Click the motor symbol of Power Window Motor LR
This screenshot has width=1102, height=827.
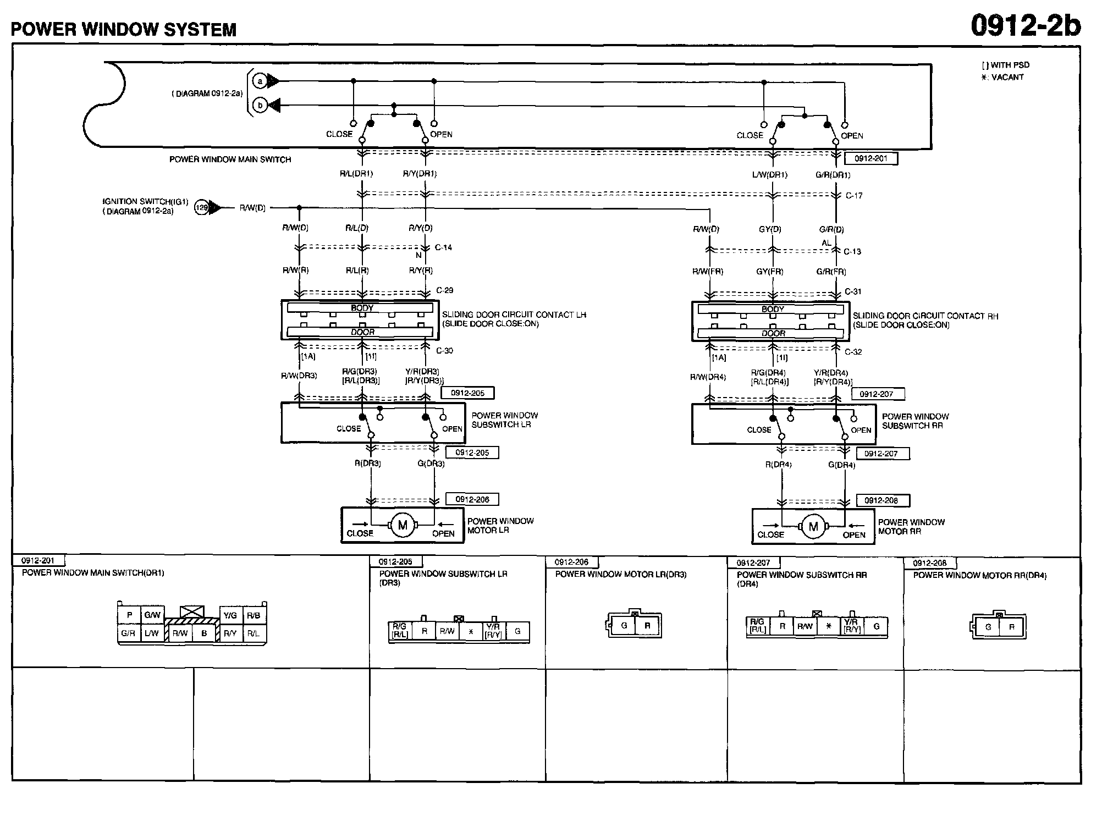pyautogui.click(x=403, y=525)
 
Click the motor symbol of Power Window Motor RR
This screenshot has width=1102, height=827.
pyautogui.click(x=813, y=527)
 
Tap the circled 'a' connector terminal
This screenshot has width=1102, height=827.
pyautogui.click(x=260, y=81)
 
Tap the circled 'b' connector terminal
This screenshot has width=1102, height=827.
pyautogui.click(x=260, y=105)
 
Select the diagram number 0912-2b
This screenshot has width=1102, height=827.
pyautogui.click(x=1025, y=25)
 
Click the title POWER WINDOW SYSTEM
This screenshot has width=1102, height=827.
pyautogui.click(x=124, y=29)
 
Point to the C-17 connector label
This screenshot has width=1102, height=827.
pyautogui.click(x=854, y=196)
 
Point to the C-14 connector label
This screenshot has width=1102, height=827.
pyautogui.click(x=443, y=247)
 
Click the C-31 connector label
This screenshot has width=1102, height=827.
pyautogui.click(x=853, y=291)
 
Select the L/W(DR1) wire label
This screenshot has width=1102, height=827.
pyautogui.click(x=770, y=175)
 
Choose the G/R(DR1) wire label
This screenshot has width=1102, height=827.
pyautogui.click(x=833, y=175)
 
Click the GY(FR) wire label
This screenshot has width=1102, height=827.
pyautogui.click(x=769, y=272)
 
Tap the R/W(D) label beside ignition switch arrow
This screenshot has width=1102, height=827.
pyautogui.click(x=252, y=208)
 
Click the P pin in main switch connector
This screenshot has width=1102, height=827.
pyautogui.click(x=129, y=615)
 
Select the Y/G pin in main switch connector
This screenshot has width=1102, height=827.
pyautogui.click(x=230, y=615)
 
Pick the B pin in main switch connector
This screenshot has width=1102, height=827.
pyautogui.click(x=204, y=633)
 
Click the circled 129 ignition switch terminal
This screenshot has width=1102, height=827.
pyautogui.click(x=202, y=208)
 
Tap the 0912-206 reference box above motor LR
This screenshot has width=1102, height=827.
pyautogui.click(x=472, y=499)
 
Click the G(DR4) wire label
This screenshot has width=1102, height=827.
pyautogui.click(x=841, y=465)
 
